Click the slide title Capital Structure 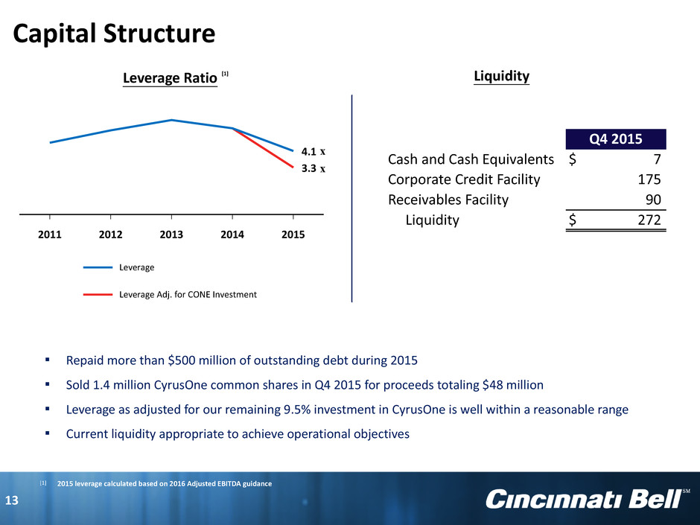[114, 34]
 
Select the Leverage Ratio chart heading [170, 78]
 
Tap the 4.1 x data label [314, 152]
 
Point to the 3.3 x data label [314, 168]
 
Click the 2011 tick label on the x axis [50, 235]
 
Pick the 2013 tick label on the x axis [171, 235]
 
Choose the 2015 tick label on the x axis [293, 235]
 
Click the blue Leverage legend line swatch [98, 267]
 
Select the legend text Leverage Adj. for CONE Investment [188, 295]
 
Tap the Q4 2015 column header [616, 139]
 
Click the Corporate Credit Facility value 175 [649, 179]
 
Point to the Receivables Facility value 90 [653, 200]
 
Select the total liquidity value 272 [649, 220]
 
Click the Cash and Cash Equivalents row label [471, 159]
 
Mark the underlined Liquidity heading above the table [502, 76]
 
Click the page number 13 [12, 500]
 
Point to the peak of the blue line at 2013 [171, 120]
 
